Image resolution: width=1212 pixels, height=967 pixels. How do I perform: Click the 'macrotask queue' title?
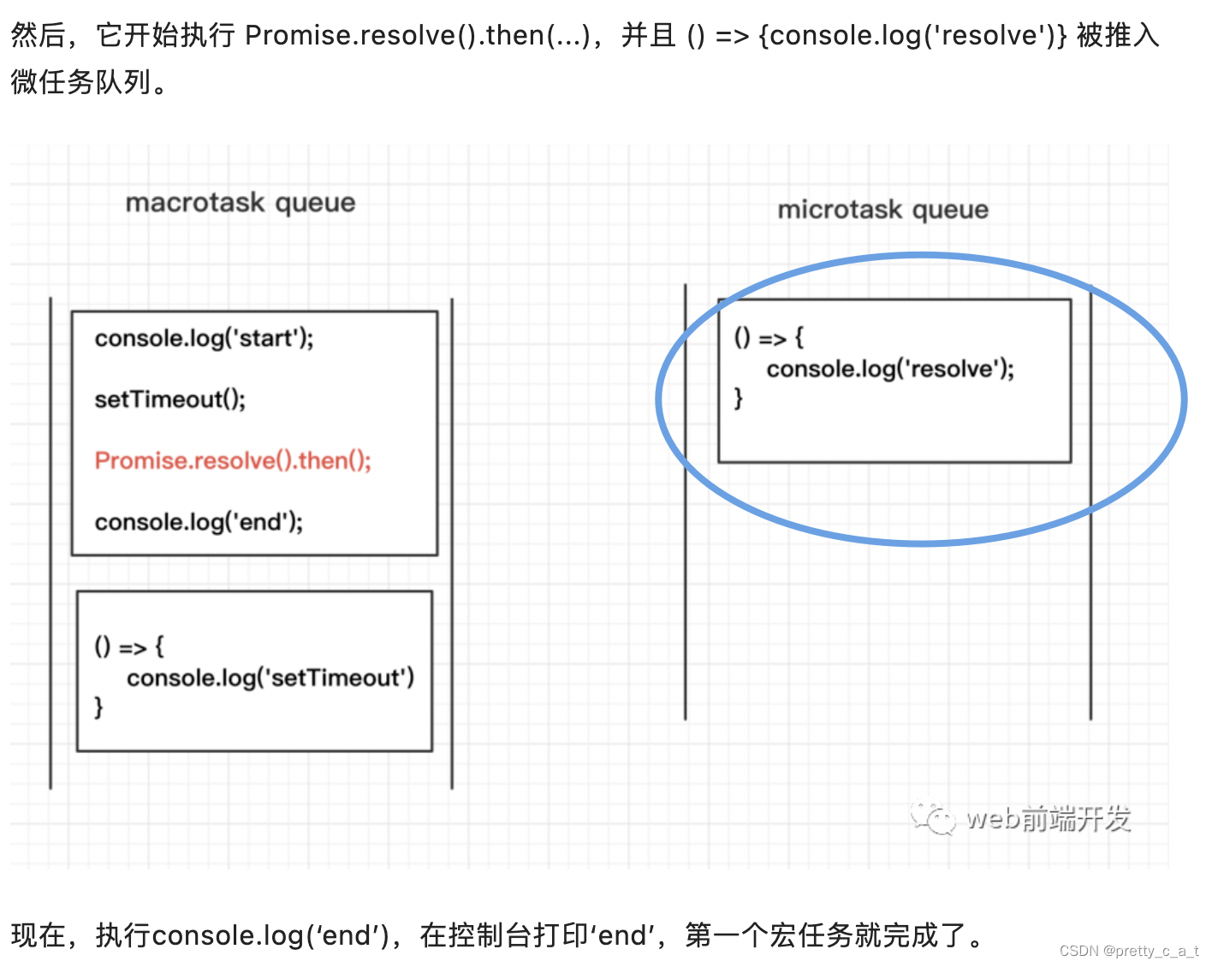click(241, 203)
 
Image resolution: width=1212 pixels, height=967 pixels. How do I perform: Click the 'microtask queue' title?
click(882, 210)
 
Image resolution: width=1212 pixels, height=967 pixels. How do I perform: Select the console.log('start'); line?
click(204, 339)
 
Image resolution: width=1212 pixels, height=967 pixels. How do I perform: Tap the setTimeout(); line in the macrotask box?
click(169, 400)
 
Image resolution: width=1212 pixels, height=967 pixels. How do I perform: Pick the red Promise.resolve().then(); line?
click(233, 461)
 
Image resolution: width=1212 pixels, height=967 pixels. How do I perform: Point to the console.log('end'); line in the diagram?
click(199, 522)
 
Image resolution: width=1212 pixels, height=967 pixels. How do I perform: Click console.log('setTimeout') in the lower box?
click(270, 679)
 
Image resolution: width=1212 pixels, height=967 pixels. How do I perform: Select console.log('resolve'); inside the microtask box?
click(890, 370)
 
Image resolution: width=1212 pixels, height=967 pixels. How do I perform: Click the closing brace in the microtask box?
click(738, 399)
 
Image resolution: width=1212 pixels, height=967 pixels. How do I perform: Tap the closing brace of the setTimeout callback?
click(98, 708)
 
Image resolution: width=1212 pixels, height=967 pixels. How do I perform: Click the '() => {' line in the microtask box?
click(769, 338)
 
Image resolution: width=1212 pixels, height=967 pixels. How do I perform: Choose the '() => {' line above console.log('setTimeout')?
click(128, 647)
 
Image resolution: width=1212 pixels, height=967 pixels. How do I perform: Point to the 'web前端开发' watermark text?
click(1049, 819)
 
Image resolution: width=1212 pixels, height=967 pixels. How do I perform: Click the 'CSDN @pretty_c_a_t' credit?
click(1128, 951)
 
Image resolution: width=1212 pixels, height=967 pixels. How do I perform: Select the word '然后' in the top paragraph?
click(39, 35)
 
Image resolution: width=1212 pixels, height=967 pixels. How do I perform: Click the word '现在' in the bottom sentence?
click(39, 935)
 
